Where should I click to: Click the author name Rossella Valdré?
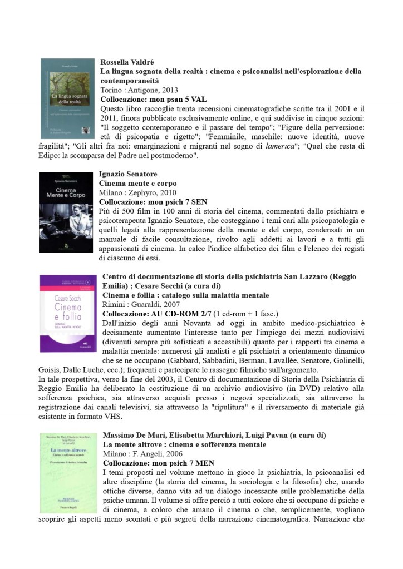coord(126,62)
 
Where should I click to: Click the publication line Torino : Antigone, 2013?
coord(139,90)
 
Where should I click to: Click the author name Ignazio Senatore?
coord(128,174)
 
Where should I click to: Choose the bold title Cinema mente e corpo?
coord(137,183)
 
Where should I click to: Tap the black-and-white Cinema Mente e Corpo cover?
coord(66,212)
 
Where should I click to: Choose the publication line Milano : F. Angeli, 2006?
coord(142,453)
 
